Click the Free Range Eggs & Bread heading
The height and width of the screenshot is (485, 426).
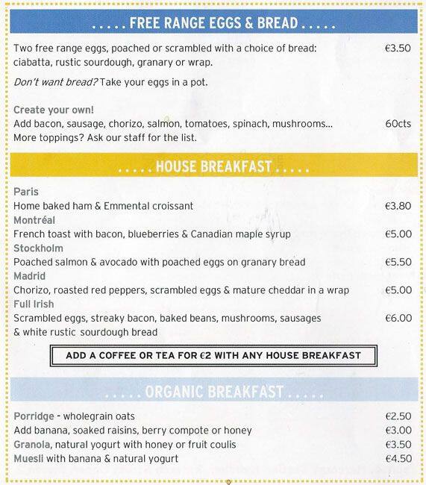point(216,23)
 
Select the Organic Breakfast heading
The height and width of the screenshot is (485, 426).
point(215,391)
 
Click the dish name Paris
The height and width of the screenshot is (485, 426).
point(25,192)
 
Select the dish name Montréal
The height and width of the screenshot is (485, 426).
point(34,220)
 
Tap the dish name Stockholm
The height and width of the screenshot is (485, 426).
point(38,248)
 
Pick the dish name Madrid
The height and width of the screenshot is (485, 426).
point(30,276)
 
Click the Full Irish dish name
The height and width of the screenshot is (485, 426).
point(35,304)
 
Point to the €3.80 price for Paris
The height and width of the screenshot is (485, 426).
point(398,206)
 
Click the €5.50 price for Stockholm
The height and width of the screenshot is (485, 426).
point(398,262)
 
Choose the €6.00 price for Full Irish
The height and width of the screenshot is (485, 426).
point(398,318)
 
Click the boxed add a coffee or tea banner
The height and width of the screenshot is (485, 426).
point(213,355)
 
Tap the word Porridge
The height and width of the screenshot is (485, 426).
point(34,416)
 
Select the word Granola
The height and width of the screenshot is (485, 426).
point(32,444)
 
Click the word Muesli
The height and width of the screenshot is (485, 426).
point(28,458)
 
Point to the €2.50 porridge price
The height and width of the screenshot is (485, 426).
point(398,416)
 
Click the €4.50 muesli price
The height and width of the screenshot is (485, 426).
point(398,458)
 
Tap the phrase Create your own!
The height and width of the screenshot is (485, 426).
point(48,110)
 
